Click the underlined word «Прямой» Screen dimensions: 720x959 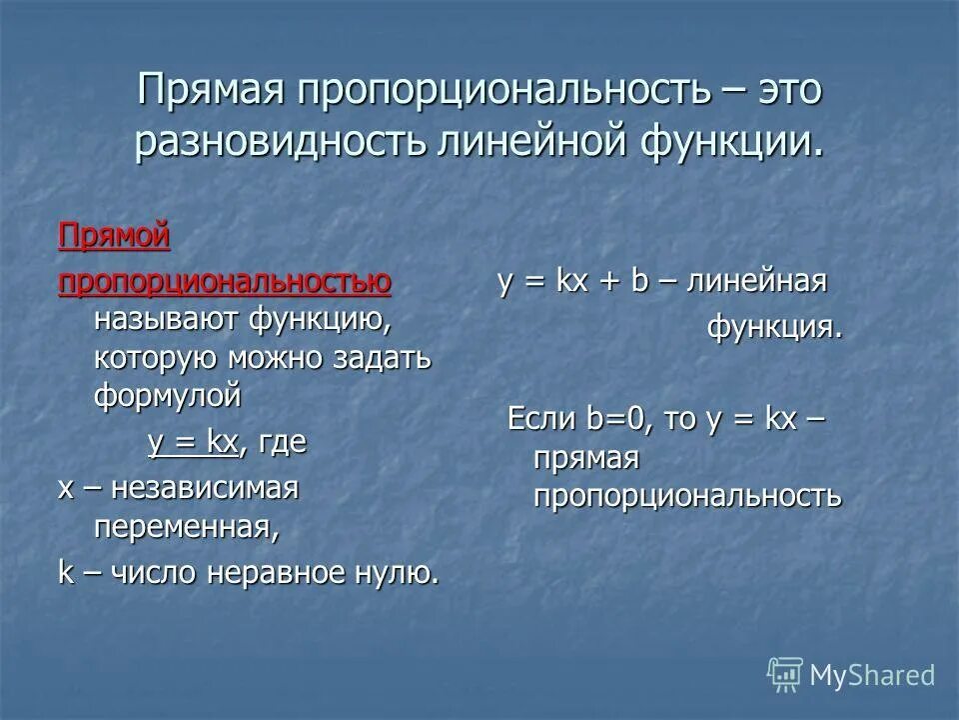point(114,237)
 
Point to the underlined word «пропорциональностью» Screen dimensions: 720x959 point(225,283)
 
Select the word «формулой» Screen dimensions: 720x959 point(168,395)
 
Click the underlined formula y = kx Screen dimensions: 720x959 point(194,442)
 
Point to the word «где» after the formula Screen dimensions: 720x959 point(282,442)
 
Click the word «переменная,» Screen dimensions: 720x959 point(186,526)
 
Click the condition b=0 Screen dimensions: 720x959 point(619,420)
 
